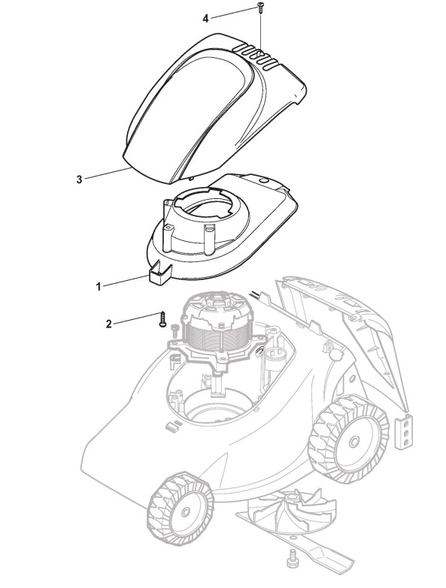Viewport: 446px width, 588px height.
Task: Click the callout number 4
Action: [205, 18]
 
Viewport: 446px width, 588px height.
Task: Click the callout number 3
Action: [79, 179]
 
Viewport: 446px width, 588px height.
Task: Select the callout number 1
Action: [99, 288]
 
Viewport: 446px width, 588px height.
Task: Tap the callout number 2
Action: [109, 324]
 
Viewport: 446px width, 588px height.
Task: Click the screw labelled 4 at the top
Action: [259, 8]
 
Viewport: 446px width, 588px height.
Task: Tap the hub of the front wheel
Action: [184, 513]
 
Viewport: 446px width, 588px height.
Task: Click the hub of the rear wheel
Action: [353, 442]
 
